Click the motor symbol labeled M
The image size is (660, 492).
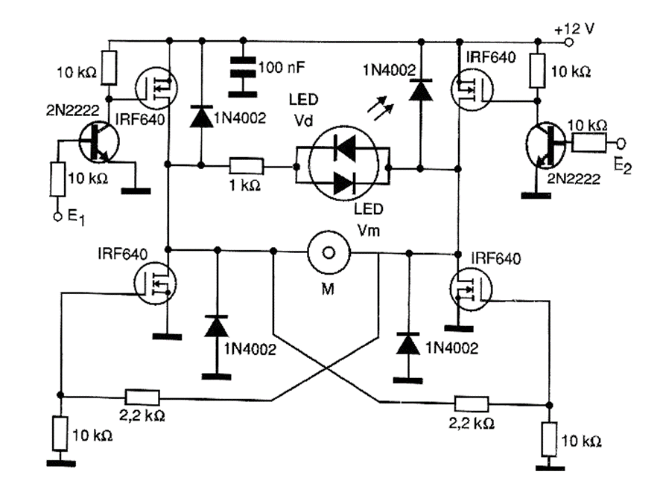click(x=326, y=253)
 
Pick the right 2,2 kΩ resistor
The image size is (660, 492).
click(x=471, y=404)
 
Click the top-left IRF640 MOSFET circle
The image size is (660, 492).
click(x=155, y=88)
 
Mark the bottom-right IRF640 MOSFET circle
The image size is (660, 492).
click(x=471, y=287)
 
